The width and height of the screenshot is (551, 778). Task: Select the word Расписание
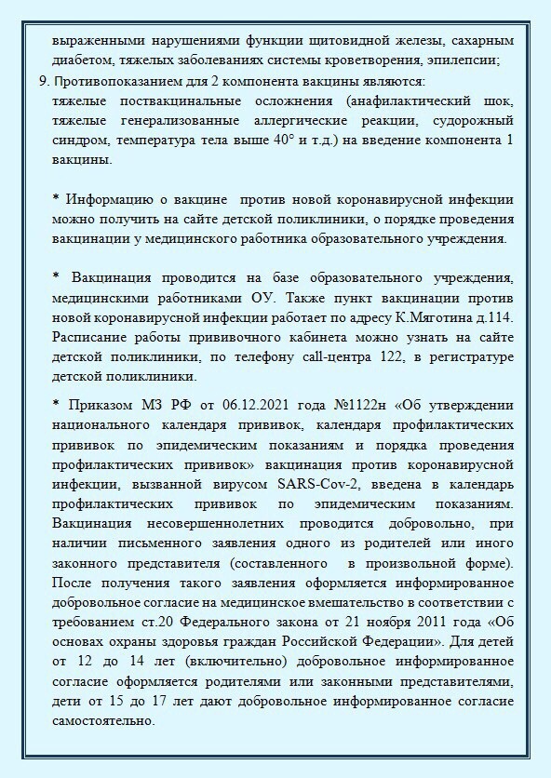point(92,338)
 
